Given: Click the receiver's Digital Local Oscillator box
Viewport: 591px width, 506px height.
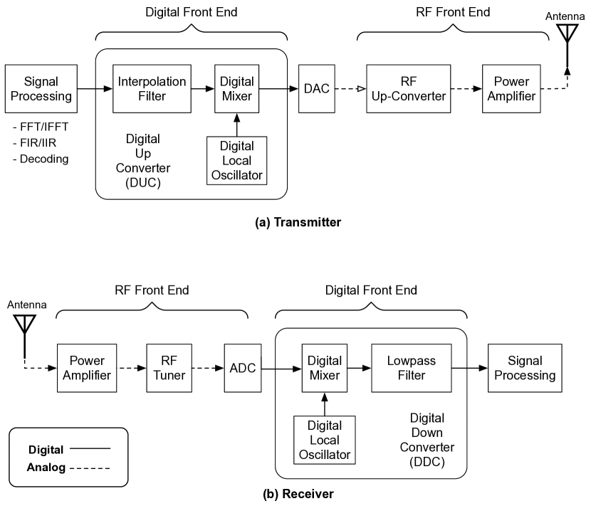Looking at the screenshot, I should tap(325, 438).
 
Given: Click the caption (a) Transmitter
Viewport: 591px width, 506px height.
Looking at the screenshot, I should tap(298, 222).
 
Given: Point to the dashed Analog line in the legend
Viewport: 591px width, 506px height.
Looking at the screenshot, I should tap(90, 468).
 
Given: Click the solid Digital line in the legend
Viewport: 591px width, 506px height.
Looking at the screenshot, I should tap(90, 449).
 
